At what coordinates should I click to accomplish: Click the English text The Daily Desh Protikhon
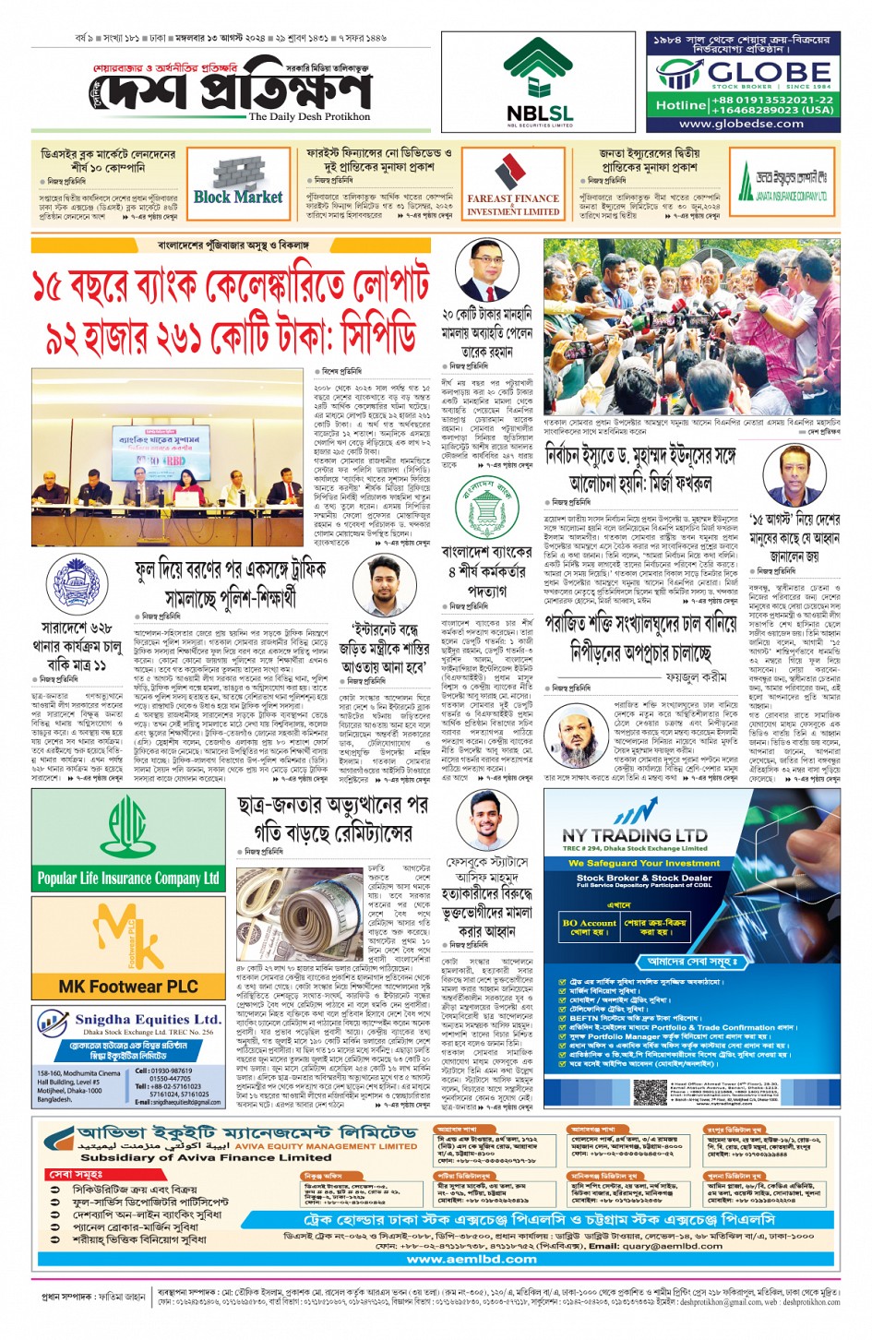pos(309,117)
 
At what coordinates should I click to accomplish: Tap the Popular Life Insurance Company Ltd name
pos(128,878)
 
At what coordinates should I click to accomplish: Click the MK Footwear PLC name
pos(128,987)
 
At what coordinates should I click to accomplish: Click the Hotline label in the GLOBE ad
pos(681,105)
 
